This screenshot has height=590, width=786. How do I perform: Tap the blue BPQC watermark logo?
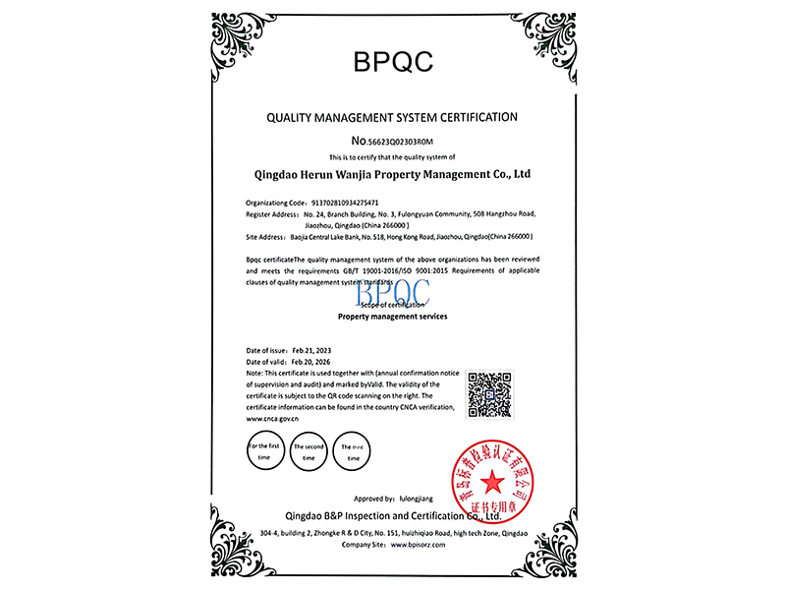coord(393,291)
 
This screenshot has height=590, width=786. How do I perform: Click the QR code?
coord(489,395)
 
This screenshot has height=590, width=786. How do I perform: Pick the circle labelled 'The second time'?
coord(309,451)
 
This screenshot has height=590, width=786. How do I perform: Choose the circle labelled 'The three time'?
coord(354,451)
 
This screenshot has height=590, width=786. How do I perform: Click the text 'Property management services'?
coord(392,318)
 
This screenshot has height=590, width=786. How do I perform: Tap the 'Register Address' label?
coord(272,212)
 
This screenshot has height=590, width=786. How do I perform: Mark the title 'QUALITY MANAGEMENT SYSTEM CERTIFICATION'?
coord(392,117)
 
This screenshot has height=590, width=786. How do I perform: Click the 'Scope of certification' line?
coord(392,306)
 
